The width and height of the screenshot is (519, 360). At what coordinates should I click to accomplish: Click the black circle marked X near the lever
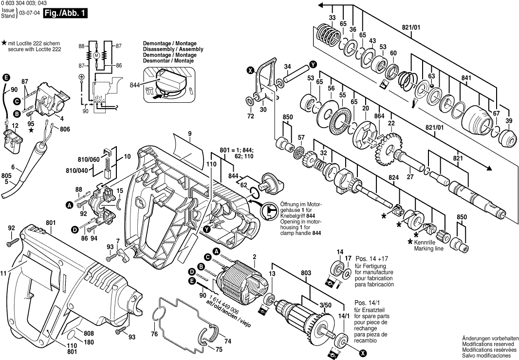(x=250, y=71)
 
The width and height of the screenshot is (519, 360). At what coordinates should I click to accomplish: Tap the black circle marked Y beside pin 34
(x=313, y=64)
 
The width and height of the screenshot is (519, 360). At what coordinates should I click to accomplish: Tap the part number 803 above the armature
(x=305, y=273)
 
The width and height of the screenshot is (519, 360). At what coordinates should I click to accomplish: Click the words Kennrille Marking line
(x=428, y=245)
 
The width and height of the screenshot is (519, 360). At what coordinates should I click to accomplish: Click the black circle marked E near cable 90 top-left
(x=6, y=77)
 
